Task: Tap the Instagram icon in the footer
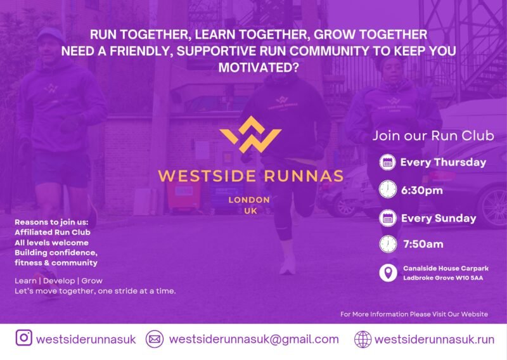(x=24, y=338)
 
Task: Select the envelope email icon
(x=155, y=339)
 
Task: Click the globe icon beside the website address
(x=363, y=339)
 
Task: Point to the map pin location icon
(x=388, y=273)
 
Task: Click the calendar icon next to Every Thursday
(x=387, y=162)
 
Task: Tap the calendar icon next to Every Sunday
(x=387, y=218)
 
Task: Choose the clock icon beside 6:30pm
(x=387, y=190)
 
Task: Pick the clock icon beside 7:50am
(x=387, y=244)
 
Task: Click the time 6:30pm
(x=421, y=190)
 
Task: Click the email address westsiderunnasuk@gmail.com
(x=253, y=339)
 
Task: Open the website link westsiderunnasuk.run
(x=434, y=339)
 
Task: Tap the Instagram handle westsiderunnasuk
(x=86, y=339)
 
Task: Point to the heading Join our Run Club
(x=433, y=135)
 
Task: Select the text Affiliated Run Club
(x=46, y=232)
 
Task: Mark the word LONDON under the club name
(x=249, y=200)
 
